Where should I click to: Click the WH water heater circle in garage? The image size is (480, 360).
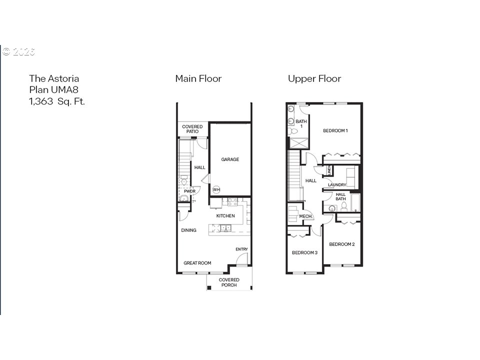click(216, 189)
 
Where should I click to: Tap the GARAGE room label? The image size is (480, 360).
click(230, 159)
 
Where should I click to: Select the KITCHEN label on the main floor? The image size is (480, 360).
click(225, 216)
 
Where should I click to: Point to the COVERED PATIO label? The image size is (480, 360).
click(192, 129)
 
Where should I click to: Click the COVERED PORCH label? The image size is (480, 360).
click(229, 282)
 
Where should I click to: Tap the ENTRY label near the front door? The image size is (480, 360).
click(241, 249)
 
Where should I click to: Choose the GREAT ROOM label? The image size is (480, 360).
click(197, 263)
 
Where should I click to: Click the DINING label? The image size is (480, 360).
click(188, 230)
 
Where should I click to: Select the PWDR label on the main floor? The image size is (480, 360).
click(189, 191)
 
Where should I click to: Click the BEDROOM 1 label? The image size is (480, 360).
click(335, 131)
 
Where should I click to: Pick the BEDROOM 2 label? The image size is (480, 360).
click(341, 244)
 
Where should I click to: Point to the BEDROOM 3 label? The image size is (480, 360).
click(304, 252)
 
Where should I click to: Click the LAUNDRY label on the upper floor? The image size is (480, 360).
click(337, 185)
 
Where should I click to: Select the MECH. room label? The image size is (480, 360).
click(305, 216)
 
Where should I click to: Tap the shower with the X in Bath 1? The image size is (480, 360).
click(298, 142)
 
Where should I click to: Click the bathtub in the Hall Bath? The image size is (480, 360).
click(355, 203)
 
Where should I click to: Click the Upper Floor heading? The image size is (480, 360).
click(314, 78)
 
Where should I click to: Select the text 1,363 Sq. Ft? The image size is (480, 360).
click(57, 101)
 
